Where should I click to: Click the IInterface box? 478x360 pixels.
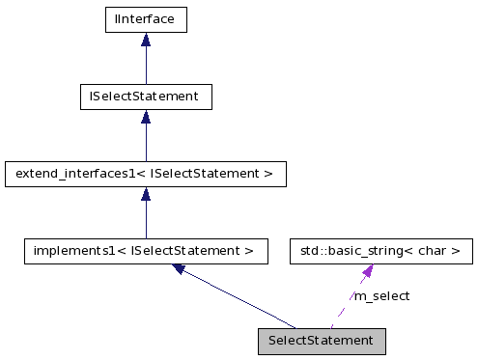tap(145, 18)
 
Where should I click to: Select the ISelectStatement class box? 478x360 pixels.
tap(145, 97)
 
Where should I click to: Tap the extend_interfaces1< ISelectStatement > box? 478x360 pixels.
tap(145, 174)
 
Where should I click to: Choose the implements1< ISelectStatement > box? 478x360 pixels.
tap(145, 251)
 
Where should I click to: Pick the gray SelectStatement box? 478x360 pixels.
tap(322, 341)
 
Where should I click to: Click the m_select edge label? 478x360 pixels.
tap(381, 295)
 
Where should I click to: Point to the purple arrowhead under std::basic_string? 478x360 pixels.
tap(367, 271)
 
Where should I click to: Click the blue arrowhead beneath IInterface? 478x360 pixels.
tap(145, 40)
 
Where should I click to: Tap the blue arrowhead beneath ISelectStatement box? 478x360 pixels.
tap(145, 117)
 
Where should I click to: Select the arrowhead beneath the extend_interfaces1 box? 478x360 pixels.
tap(145, 194)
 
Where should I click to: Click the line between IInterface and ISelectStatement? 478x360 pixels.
tap(145, 66)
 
